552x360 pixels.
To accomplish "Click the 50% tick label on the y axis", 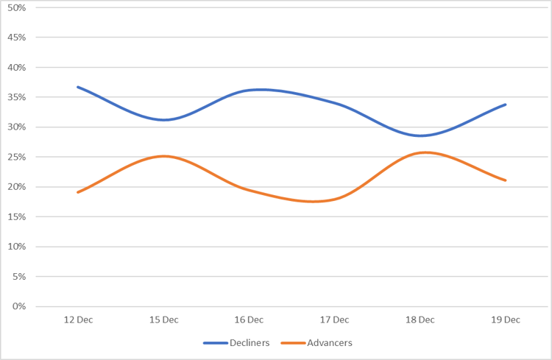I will pos(16,7).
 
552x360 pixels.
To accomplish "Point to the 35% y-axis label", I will pos(16,97).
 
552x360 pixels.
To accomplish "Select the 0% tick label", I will pos(19,307).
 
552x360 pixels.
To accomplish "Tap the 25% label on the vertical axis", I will pos(16,157).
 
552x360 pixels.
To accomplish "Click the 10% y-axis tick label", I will pos(16,247).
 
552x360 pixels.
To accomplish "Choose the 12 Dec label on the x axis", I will pos(78,320).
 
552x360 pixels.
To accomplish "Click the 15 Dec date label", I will pos(163,320).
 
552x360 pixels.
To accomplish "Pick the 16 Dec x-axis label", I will pos(249,320).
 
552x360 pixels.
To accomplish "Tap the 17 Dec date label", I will pos(334,320).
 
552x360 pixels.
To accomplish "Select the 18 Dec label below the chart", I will pos(420,320).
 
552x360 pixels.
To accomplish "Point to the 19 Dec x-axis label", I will pos(505,320).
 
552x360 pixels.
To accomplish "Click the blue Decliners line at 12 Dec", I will pos(78,87).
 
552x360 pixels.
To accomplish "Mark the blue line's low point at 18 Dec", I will pos(421,135).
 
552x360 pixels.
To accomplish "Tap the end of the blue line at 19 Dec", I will pos(505,105).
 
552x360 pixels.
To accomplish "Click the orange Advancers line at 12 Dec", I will pos(78,192).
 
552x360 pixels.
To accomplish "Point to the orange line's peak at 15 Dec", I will pos(163,156).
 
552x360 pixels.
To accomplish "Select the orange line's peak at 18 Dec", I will pos(424,152).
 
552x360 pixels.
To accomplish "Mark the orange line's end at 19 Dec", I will pos(505,180).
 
